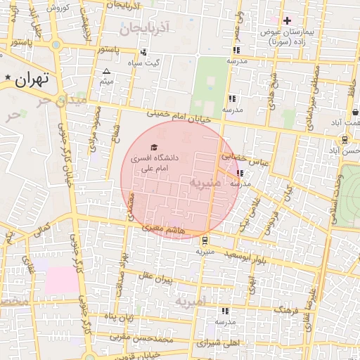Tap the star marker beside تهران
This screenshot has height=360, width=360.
pos(8,77)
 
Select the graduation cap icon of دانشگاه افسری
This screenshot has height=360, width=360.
pos(154,146)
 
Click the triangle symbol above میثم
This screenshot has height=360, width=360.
pos(106,72)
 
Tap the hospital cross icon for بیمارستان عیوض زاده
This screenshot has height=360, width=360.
pos(286,20)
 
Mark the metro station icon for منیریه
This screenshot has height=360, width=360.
pos(204,239)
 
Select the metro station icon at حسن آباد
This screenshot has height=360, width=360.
pos(333,150)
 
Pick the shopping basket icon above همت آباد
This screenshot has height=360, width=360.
pos(356,111)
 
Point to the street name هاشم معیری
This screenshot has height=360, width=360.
pos(163,228)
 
